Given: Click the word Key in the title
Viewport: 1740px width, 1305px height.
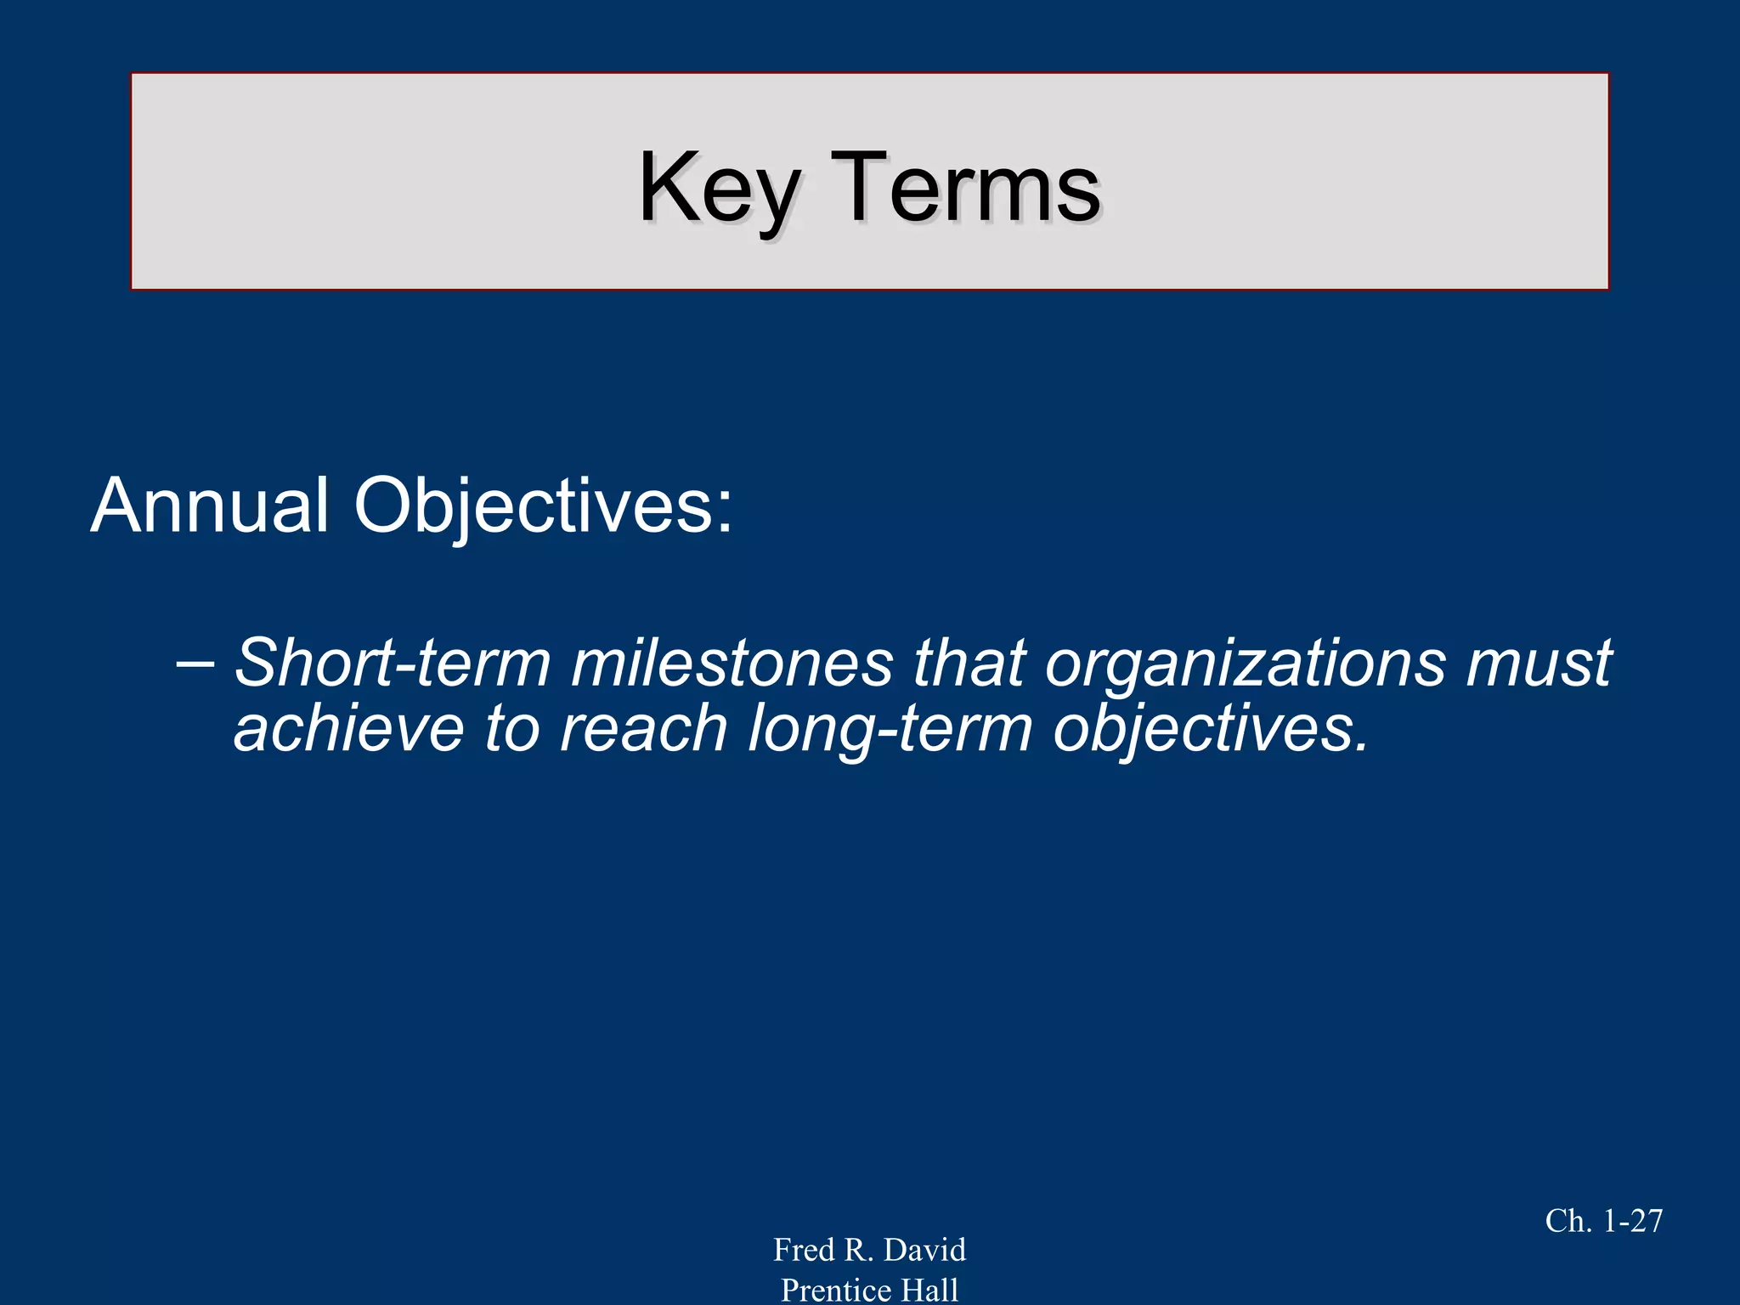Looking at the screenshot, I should pos(719,189).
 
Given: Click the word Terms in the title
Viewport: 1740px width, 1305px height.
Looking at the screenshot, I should pos(965,189).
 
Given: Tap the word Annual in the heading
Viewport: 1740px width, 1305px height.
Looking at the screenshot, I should pos(209,506).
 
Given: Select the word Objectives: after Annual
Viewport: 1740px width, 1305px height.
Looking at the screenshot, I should pos(544,506).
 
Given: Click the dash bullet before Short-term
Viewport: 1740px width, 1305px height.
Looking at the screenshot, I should pos(195,663).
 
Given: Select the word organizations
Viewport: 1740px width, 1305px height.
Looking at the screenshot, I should pos(1246,663).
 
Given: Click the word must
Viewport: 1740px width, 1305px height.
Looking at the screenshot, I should pos(1539,663).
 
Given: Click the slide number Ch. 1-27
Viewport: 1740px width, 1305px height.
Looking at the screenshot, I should pos(1603,1221).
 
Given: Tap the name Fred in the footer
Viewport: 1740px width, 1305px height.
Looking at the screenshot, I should pos(804,1250).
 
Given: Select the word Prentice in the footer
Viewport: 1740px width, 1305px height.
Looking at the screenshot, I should pos(836,1290).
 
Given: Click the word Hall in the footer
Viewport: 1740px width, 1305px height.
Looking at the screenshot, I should pos(929,1290).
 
